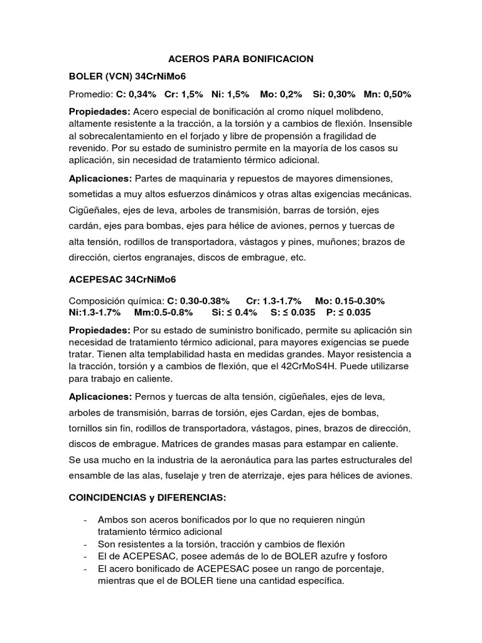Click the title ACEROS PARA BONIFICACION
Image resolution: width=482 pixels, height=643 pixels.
tap(241, 59)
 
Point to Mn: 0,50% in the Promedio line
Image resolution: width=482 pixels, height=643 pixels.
tap(387, 94)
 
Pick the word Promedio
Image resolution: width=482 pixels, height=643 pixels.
tap(90, 94)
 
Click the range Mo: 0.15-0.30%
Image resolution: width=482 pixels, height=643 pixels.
tap(350, 301)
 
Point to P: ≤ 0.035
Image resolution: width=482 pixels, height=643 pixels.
tap(349, 312)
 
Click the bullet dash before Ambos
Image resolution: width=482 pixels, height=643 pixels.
tap(85, 521)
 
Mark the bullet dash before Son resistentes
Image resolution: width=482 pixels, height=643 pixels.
tap(85, 543)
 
